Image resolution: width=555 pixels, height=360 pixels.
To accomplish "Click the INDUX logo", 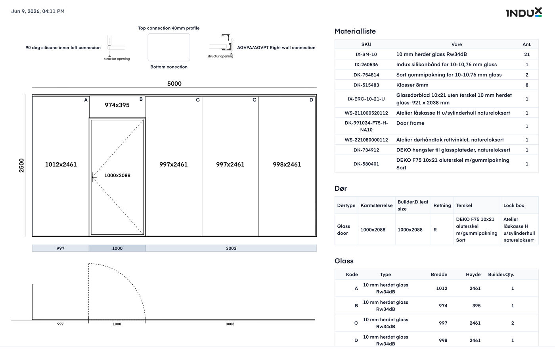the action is click(x=524, y=12).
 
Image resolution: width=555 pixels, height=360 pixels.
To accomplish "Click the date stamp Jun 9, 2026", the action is click(x=25, y=11).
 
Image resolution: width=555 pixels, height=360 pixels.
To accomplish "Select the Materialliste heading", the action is click(x=355, y=31).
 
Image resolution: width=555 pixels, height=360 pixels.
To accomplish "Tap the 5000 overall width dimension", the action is click(x=174, y=84).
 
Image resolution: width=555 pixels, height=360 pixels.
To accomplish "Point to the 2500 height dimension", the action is click(x=21, y=165).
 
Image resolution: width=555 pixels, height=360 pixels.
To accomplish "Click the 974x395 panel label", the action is click(x=117, y=105).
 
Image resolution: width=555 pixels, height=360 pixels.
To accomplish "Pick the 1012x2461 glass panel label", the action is click(x=61, y=164).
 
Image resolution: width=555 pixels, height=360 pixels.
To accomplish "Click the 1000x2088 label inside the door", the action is click(x=117, y=175).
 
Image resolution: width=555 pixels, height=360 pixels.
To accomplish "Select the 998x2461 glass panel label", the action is click(x=287, y=164).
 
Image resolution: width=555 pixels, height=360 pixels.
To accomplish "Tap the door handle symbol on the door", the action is click(x=94, y=177).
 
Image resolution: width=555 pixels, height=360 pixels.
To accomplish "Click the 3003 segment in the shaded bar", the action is click(x=231, y=248).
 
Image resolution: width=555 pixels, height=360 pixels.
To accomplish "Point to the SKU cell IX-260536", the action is click(x=366, y=65).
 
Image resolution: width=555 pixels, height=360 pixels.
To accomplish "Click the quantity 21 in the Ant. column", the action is click(x=527, y=54).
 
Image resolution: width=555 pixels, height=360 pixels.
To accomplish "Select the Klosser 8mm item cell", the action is click(x=412, y=85).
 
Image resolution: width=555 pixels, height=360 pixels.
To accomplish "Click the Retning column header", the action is click(x=442, y=205).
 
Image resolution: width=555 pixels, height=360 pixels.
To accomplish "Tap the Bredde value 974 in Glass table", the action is click(x=443, y=306).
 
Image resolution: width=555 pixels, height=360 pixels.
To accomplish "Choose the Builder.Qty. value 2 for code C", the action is click(x=512, y=323).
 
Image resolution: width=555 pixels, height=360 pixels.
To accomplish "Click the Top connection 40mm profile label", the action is click(x=169, y=28).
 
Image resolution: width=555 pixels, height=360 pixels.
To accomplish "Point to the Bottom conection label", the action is click(x=169, y=67).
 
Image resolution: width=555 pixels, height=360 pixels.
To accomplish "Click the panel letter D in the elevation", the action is click(x=311, y=100).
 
